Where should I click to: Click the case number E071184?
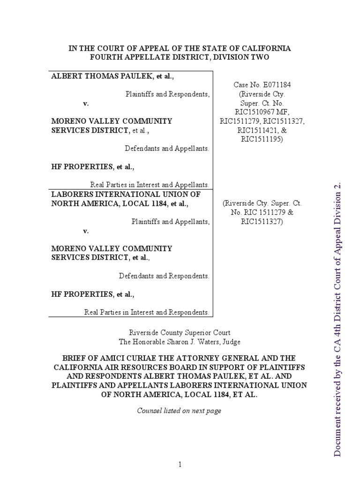point(262,85)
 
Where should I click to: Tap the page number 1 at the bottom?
point(180,465)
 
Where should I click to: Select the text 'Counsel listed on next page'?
point(179,411)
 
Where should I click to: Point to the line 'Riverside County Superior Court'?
point(180,333)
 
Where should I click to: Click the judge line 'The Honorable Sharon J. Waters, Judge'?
point(180,342)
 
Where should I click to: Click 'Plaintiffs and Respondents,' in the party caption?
point(167,94)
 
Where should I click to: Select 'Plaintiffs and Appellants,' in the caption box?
point(170,222)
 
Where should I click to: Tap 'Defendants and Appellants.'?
point(167,149)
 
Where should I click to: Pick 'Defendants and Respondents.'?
point(164,276)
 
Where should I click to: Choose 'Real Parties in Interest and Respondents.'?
point(147,312)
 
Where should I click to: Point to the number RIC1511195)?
point(262,139)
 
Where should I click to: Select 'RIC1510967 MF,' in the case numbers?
point(262,112)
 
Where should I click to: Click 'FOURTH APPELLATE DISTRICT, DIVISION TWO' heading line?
point(180,57)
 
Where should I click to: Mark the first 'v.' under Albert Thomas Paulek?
point(86,103)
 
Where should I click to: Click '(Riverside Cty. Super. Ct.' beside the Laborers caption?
point(262,204)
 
